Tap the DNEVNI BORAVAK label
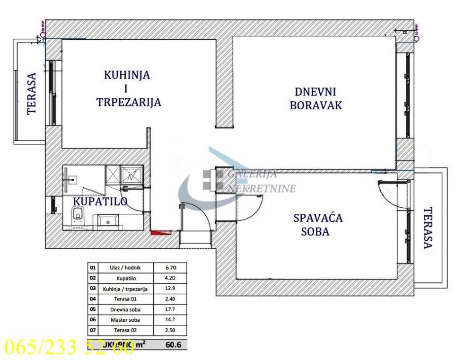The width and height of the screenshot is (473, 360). (x=311, y=98)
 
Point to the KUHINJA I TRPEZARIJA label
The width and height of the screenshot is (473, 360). (x=128, y=88)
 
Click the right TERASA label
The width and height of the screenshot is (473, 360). (x=428, y=228)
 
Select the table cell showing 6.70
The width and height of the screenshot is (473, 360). (x=172, y=267)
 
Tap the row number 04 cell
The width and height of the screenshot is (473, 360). (x=92, y=299)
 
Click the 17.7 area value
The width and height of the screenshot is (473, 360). (x=172, y=310)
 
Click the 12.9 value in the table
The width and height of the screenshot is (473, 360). (x=172, y=289)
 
